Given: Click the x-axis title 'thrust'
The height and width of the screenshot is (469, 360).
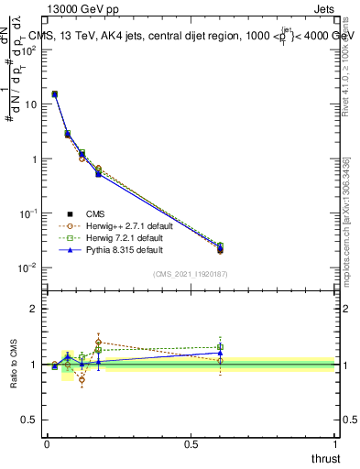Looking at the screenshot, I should pos(327,458).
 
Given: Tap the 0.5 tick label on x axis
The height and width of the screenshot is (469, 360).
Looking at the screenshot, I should pos(191,443).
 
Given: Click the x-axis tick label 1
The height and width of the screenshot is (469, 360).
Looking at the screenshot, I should pos(335,443).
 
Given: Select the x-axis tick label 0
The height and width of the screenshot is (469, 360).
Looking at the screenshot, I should pos(47,443).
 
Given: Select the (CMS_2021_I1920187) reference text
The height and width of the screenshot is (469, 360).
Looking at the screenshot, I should pos(191,274).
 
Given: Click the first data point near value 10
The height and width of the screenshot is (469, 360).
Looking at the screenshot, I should pos(55,94).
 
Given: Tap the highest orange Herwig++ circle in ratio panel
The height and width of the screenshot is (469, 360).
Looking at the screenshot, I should pos(98,342).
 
